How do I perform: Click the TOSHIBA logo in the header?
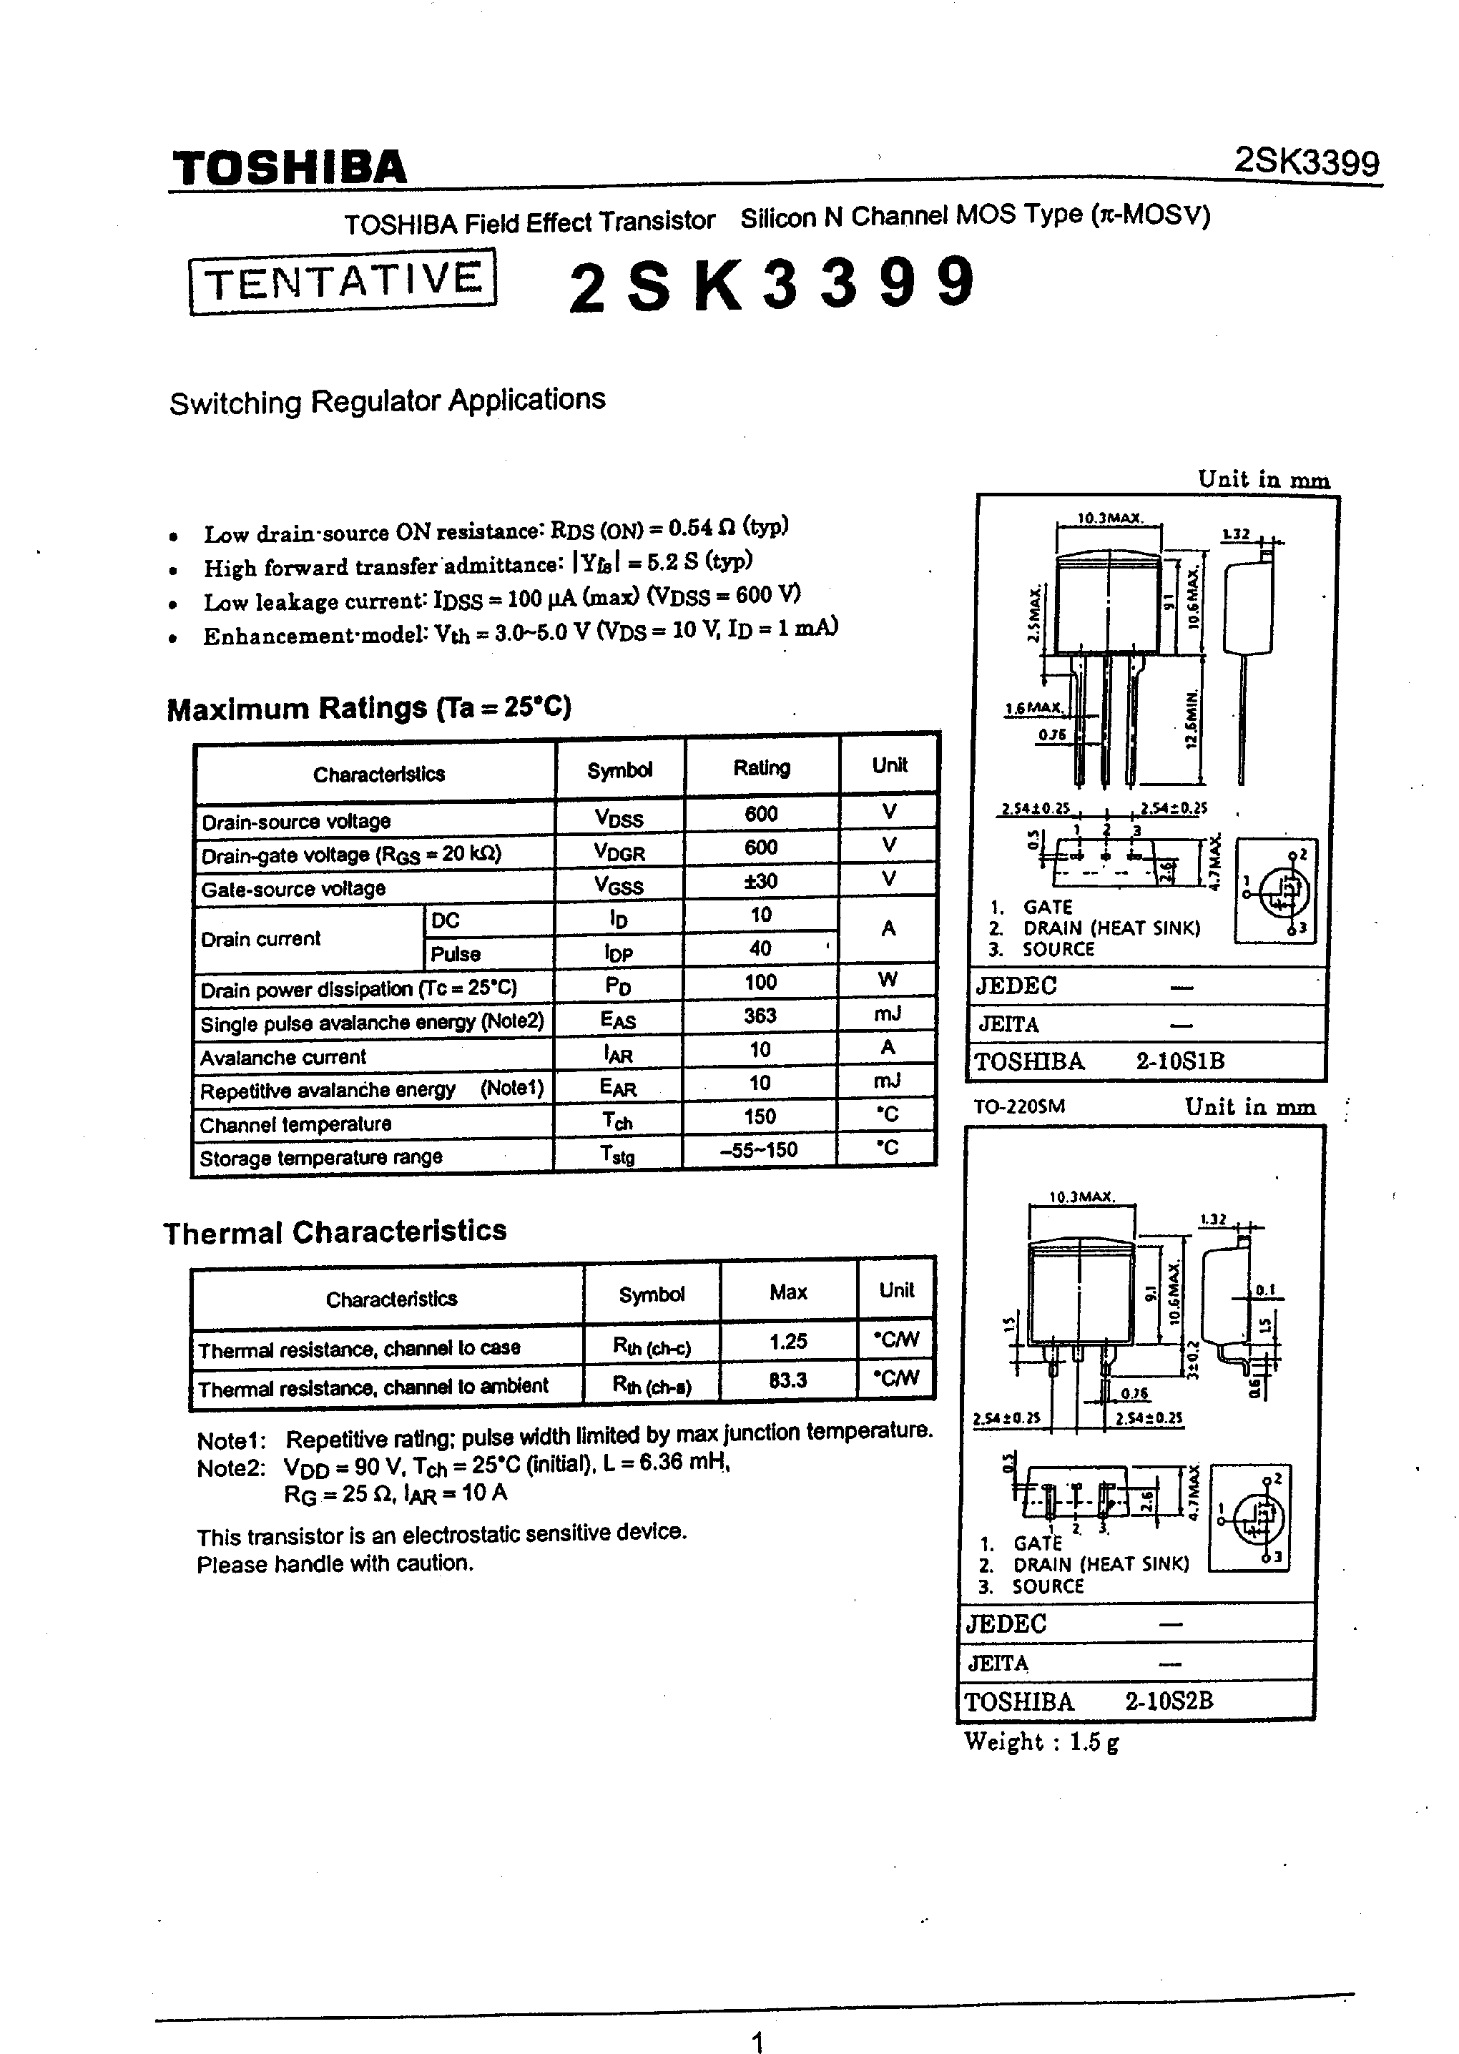(x=289, y=168)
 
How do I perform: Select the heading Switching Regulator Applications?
(x=387, y=401)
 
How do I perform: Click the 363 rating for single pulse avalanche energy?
(x=760, y=1016)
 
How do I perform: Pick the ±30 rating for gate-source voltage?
(x=760, y=881)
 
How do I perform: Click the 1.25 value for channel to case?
(x=788, y=1342)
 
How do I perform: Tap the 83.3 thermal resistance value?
(x=788, y=1380)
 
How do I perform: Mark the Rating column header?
(x=762, y=768)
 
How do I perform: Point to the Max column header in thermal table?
(x=788, y=1292)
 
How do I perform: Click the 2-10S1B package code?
(x=1179, y=1061)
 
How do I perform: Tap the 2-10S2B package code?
(x=1169, y=1701)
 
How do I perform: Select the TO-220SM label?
(x=1018, y=1106)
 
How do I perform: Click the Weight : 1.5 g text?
(x=1041, y=1742)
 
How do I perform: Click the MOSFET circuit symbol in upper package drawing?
(x=1276, y=890)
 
